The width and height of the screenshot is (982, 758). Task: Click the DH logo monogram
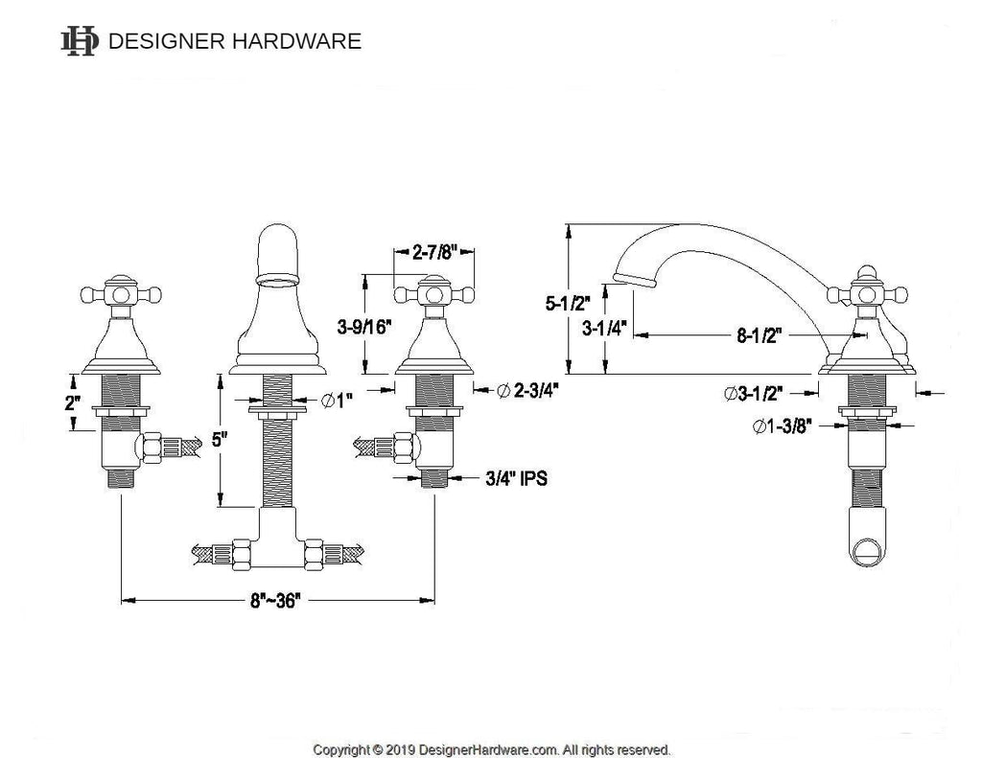click(x=80, y=41)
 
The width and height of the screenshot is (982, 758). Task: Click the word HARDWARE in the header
click(x=296, y=41)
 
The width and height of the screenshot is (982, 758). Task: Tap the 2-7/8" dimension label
click(x=433, y=252)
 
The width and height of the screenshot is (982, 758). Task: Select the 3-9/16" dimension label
click(x=363, y=326)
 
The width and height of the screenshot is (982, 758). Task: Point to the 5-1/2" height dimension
click(x=568, y=304)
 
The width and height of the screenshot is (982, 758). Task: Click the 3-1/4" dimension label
click(x=604, y=328)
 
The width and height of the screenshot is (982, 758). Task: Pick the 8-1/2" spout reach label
click(x=759, y=335)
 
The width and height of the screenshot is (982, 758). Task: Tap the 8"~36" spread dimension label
click(x=275, y=601)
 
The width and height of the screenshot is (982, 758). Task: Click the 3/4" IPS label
click(x=516, y=479)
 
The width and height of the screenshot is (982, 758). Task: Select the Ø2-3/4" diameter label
click(x=527, y=390)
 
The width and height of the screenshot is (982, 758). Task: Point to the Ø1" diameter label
click(x=337, y=400)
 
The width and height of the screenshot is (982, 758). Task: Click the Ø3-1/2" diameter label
click(x=754, y=394)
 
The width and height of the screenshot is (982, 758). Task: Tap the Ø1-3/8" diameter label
click(x=782, y=426)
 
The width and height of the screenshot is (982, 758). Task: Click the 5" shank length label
click(x=217, y=440)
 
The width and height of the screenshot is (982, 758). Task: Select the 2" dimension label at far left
click(x=73, y=403)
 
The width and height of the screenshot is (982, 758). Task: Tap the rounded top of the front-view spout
click(x=279, y=241)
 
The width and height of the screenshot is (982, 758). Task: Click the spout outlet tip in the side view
click(x=635, y=280)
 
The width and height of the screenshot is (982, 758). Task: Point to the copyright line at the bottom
click(x=491, y=749)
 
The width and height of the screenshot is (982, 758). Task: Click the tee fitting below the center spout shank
click(x=277, y=539)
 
